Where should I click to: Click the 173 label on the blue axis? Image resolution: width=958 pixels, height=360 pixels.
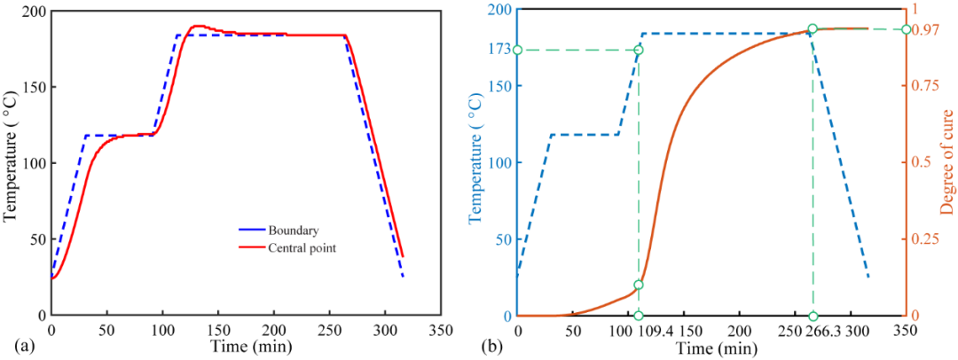point(499,50)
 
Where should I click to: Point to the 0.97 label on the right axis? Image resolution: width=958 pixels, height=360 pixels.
point(927,30)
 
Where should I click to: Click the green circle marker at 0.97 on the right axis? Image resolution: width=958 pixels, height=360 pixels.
point(906,29)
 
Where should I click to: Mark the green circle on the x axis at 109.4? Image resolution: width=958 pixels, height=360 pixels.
point(639,316)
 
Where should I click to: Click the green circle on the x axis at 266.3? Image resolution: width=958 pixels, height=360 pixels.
point(813,316)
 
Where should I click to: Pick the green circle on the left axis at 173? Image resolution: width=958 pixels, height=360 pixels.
point(518,50)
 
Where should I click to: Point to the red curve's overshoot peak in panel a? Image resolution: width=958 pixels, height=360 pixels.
point(197,26)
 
